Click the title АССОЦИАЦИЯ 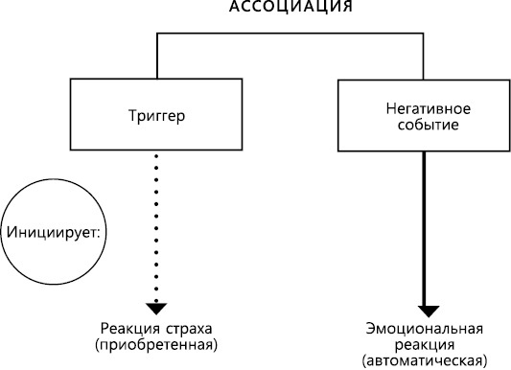point(290,8)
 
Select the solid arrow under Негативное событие point(424,230)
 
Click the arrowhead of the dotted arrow point(153,306)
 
